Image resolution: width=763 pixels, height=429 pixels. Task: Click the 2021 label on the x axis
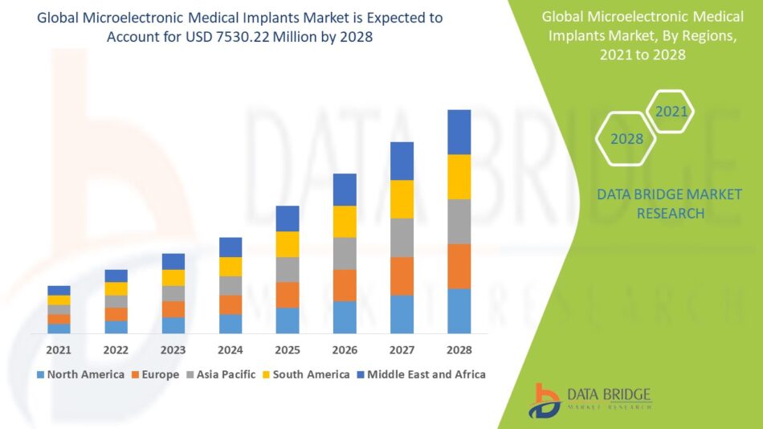tap(59, 350)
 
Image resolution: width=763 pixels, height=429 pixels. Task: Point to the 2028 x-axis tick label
tap(459, 350)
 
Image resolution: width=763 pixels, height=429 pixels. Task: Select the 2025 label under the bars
tap(288, 350)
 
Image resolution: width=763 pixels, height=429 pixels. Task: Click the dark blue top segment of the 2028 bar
tap(459, 132)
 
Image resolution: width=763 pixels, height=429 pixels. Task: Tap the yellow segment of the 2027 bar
tap(402, 199)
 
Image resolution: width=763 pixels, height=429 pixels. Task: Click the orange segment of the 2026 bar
tap(345, 285)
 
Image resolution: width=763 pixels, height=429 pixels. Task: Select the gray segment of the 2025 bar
tap(288, 269)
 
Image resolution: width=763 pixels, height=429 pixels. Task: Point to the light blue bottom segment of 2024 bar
tap(231, 324)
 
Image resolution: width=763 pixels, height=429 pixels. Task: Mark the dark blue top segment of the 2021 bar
tap(59, 290)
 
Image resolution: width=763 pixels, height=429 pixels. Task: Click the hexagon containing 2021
tap(671, 112)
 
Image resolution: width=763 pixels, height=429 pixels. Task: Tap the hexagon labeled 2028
tap(626, 139)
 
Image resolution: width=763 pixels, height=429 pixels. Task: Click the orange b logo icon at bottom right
tap(545, 399)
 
